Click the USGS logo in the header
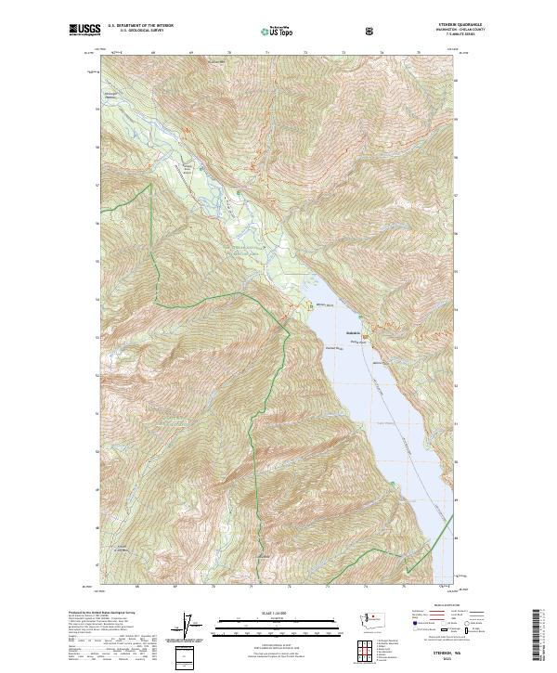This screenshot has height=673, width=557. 84,31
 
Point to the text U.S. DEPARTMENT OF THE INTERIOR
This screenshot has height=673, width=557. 141,26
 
